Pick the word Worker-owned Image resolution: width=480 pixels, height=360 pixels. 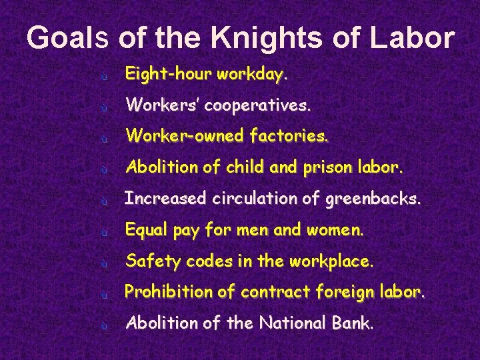(x=185, y=137)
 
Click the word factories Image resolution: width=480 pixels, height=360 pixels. (x=289, y=137)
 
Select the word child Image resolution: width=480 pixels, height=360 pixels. (x=246, y=167)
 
